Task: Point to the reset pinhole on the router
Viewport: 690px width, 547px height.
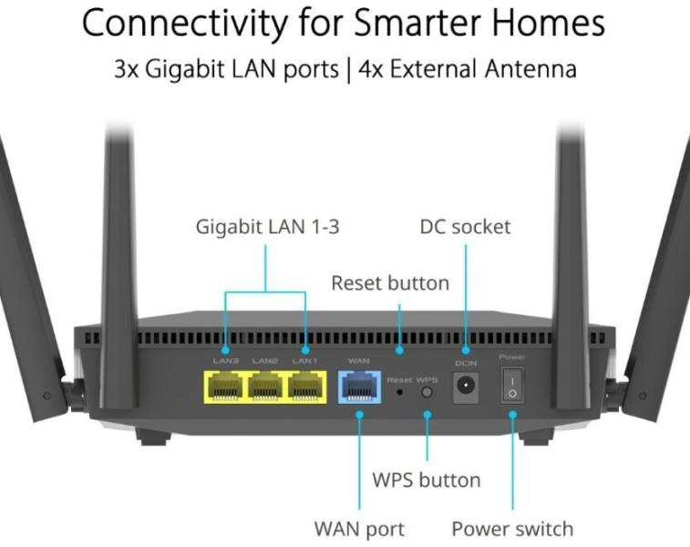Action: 399,394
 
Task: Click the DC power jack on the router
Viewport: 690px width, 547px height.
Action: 466,387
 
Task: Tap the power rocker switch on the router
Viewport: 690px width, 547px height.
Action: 512,387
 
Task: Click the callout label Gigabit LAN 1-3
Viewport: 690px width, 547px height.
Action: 267,227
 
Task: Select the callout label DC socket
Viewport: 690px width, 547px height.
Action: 465,227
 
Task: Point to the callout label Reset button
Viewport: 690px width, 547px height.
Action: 389,283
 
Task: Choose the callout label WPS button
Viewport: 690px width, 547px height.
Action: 426,480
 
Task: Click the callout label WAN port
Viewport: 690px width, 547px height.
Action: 359,528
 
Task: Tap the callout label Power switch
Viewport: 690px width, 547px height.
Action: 512,528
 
